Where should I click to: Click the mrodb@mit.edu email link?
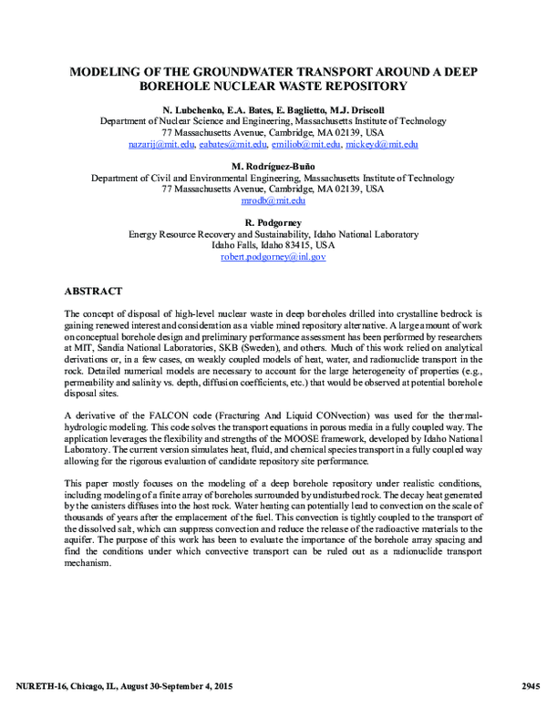coord(273,200)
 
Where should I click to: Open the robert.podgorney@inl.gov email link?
coord(273,257)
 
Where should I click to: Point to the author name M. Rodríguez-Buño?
coord(273,166)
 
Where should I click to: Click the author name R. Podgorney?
coord(273,222)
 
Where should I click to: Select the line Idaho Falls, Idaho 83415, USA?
coord(273,245)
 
